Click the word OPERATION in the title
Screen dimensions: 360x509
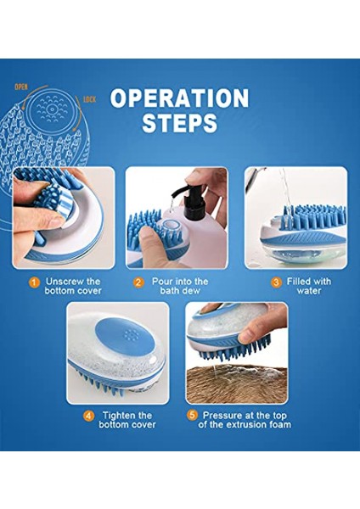(x=180, y=98)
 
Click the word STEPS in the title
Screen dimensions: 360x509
(x=180, y=122)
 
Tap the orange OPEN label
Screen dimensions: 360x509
(x=21, y=87)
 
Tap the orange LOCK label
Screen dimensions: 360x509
(x=90, y=99)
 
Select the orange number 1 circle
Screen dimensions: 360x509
(x=34, y=282)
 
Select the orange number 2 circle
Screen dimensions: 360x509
(x=138, y=282)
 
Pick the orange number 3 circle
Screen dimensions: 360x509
(x=276, y=282)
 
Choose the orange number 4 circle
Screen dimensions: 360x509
(x=88, y=417)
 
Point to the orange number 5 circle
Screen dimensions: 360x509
(x=193, y=415)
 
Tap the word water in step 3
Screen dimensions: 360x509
(x=309, y=290)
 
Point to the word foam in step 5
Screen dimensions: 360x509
(x=278, y=425)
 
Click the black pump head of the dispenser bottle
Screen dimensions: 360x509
(x=190, y=200)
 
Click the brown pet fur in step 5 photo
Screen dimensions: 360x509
(x=237, y=383)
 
